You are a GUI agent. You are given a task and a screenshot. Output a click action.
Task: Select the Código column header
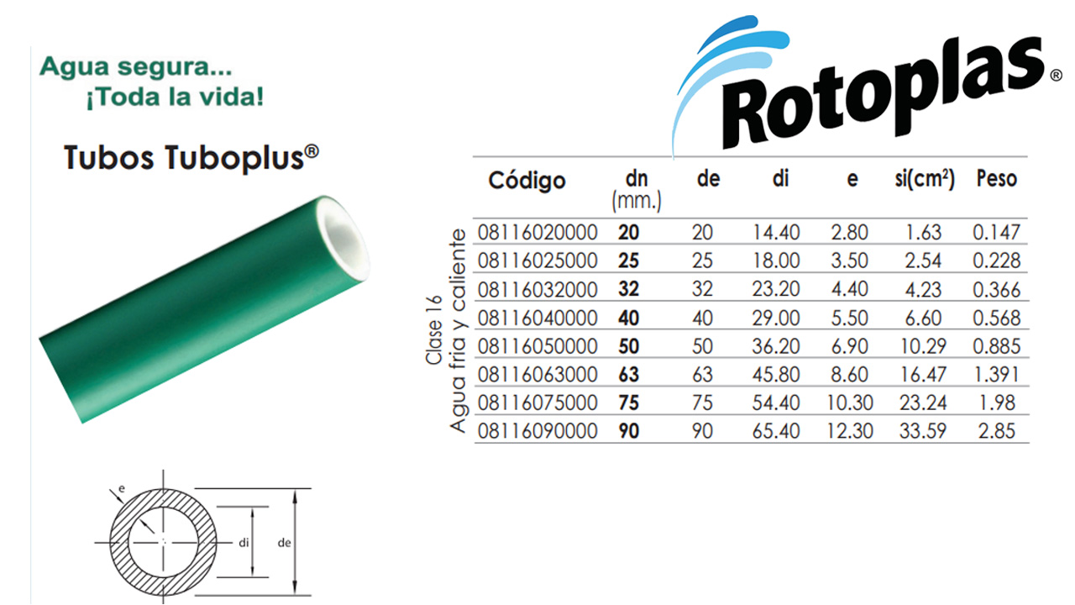[527, 181]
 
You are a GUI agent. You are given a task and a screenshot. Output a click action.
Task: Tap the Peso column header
[997, 179]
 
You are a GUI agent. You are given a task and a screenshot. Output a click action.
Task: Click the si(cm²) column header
[925, 179]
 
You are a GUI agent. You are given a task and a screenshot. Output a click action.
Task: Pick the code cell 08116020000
[537, 233]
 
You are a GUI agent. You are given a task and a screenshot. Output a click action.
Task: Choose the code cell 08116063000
[537, 375]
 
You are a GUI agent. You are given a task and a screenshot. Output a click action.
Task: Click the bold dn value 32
[629, 289]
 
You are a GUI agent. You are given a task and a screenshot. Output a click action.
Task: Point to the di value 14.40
[775, 233]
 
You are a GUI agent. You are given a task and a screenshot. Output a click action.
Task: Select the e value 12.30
[849, 431]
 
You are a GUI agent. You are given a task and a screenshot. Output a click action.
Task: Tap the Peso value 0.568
[996, 318]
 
